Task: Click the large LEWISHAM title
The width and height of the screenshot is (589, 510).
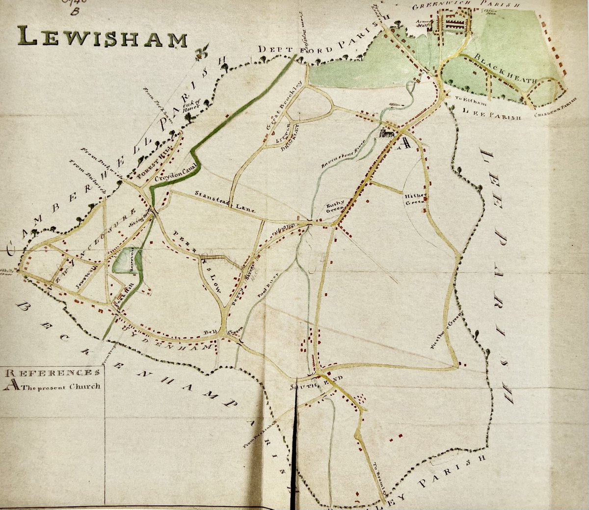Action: [x=102, y=37]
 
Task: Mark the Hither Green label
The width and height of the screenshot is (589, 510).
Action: [x=413, y=198]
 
